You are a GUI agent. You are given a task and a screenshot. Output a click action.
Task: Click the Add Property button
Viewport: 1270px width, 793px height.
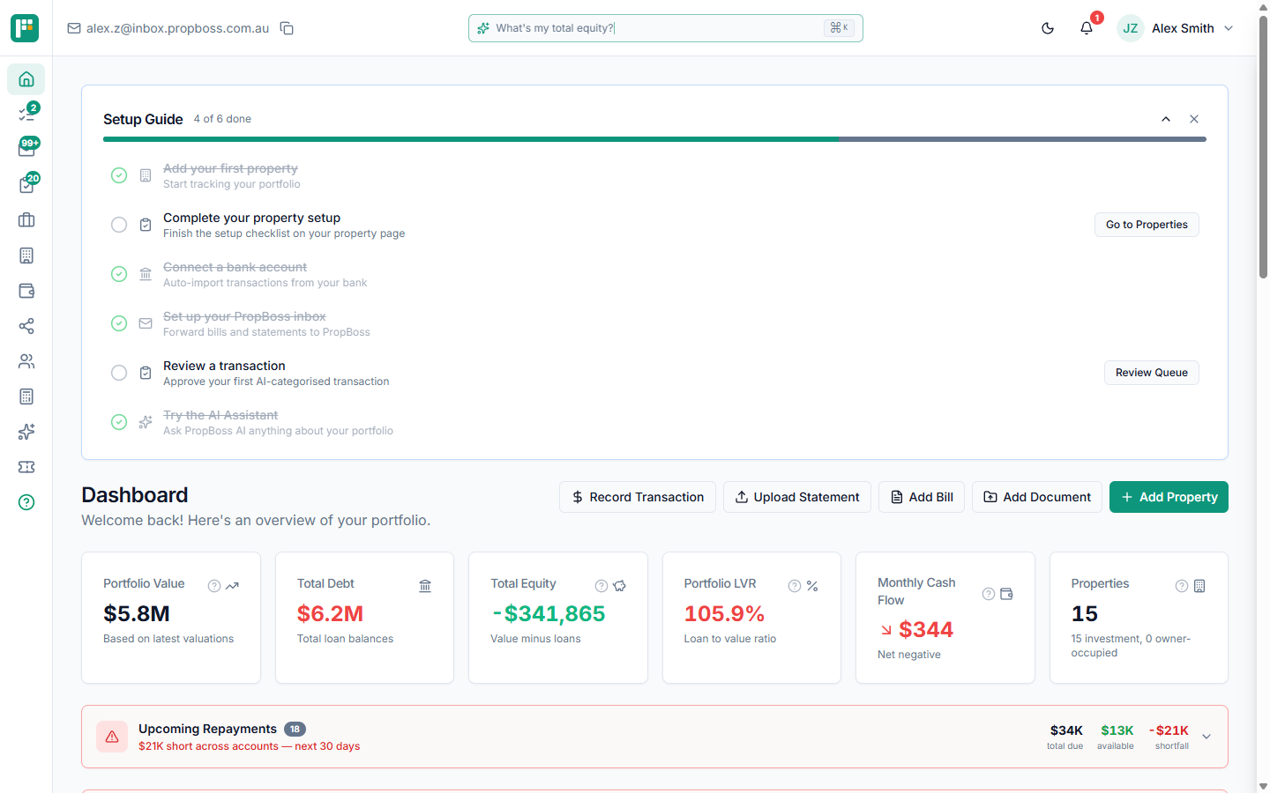[x=1169, y=497]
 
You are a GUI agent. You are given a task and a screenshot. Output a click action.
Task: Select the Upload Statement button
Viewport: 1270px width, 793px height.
[x=796, y=497]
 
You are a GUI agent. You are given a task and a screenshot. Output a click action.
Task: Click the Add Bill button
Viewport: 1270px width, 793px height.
[x=922, y=497]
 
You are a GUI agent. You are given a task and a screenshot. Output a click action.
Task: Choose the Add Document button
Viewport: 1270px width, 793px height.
[x=1036, y=497]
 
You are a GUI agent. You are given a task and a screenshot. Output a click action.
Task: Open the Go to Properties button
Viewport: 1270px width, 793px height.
[x=1147, y=225]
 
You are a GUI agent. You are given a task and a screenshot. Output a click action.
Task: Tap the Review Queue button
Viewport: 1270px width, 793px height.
[x=1151, y=373]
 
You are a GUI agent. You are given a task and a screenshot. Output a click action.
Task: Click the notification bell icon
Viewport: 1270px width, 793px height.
[x=1087, y=28]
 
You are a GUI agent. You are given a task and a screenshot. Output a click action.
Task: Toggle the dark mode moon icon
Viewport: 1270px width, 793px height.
[x=1048, y=28]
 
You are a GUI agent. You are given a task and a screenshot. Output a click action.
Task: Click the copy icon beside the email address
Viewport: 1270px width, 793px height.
[x=287, y=28]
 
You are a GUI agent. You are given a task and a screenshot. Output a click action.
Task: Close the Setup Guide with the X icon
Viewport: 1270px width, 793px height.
[x=1194, y=119]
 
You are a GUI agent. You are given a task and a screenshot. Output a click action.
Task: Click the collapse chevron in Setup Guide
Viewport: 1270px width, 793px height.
[x=1166, y=119]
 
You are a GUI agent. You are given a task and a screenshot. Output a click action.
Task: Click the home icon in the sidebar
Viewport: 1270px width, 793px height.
[x=26, y=79]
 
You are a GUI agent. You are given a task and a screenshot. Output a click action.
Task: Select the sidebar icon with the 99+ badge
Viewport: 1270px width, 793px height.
[x=26, y=149]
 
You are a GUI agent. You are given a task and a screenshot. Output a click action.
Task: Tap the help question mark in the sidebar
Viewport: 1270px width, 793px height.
[x=26, y=502]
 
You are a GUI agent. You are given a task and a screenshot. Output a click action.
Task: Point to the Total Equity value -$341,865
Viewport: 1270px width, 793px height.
[x=549, y=613]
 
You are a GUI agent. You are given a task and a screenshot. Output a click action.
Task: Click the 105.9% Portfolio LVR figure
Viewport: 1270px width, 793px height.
[x=724, y=613]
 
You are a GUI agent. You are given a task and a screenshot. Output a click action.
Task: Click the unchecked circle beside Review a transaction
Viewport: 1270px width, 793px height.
[x=119, y=373]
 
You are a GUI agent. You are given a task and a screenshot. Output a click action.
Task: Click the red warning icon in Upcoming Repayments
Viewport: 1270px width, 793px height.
[x=112, y=737]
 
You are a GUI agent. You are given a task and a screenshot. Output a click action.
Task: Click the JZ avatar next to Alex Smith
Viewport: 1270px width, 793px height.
[x=1130, y=28]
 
